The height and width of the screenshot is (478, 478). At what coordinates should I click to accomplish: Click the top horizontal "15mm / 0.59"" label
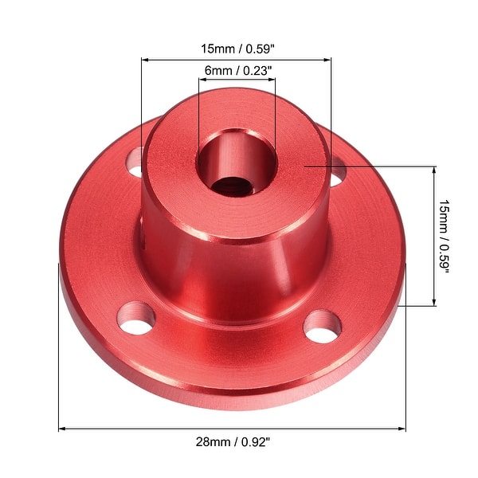tap(236, 47)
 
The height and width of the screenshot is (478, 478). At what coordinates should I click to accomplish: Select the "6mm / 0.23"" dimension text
tap(237, 70)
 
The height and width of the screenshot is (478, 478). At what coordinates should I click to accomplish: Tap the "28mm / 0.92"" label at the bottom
tap(237, 441)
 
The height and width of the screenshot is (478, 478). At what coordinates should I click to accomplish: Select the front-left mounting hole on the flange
tap(134, 319)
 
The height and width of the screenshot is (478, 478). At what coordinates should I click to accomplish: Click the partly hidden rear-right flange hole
tap(337, 170)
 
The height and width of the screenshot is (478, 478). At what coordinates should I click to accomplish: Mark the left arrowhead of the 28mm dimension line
tap(64, 429)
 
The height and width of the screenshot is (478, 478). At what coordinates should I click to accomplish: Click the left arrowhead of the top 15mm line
tap(146, 59)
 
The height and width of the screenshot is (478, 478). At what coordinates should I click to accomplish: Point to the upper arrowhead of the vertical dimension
tap(435, 170)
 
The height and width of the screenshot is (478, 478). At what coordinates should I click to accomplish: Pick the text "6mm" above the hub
tap(216, 70)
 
